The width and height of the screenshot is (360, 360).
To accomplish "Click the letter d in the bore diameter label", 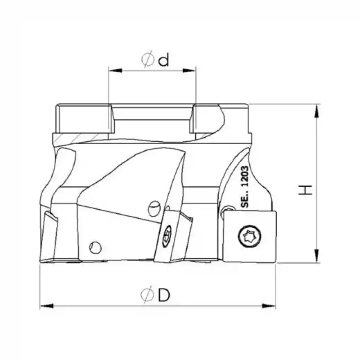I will tap(164, 60).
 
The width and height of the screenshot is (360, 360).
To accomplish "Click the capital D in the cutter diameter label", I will tap(164, 295).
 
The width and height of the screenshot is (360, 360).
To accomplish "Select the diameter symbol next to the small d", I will tap(147, 60).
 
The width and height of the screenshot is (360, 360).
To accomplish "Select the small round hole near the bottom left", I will tap(95, 247).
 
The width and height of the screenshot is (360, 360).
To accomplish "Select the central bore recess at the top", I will tap(152, 119).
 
